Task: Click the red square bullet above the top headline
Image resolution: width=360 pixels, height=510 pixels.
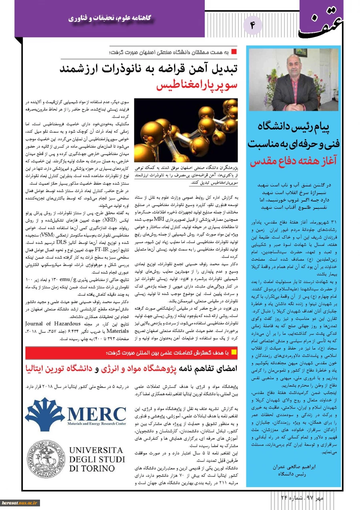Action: (x=235, y=52)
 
